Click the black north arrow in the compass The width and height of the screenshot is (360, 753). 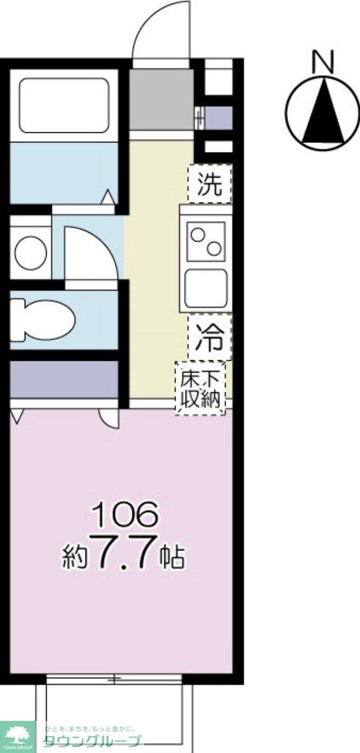pos(323,113)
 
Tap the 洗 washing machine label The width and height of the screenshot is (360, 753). pos(209,184)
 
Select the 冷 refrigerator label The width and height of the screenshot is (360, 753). pos(209,339)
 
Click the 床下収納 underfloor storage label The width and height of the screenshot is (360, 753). pos(200,388)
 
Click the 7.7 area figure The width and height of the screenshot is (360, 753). pos(125,555)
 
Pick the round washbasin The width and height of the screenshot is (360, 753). pos(30,253)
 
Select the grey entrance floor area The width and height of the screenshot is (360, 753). pos(161,98)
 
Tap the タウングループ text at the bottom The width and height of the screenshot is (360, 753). pos(92,742)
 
